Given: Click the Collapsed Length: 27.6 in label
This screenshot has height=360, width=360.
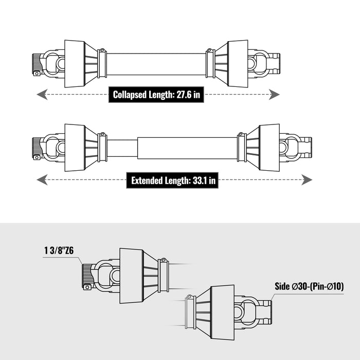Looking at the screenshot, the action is [156, 94].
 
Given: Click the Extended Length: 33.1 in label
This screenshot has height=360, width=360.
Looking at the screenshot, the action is [172, 180].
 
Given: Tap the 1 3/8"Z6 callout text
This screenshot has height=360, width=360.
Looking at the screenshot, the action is [59, 250].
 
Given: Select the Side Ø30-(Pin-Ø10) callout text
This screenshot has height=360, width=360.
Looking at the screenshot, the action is [309, 286].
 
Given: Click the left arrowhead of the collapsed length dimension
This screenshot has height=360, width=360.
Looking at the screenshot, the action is [42, 94].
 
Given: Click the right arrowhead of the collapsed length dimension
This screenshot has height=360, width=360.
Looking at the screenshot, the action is [274, 94].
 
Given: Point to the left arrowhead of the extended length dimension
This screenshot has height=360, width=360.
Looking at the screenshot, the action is [42, 180].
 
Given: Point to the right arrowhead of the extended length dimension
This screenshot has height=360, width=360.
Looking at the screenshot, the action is [307, 180].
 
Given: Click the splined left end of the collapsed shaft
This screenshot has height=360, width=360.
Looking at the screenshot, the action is [37, 63].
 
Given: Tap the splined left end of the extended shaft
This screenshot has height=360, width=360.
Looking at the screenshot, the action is [37, 148].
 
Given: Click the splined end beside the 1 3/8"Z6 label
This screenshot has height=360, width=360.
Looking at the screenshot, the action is [88, 276].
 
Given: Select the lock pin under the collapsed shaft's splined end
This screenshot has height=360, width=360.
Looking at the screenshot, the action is [37, 74].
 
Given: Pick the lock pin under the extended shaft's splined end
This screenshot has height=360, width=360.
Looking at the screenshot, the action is [37, 157].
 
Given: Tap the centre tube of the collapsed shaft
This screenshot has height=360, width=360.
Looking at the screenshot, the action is [156, 64].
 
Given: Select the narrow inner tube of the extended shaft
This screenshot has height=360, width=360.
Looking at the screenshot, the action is [122, 148].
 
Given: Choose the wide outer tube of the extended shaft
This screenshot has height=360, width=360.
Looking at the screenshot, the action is [187, 148].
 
